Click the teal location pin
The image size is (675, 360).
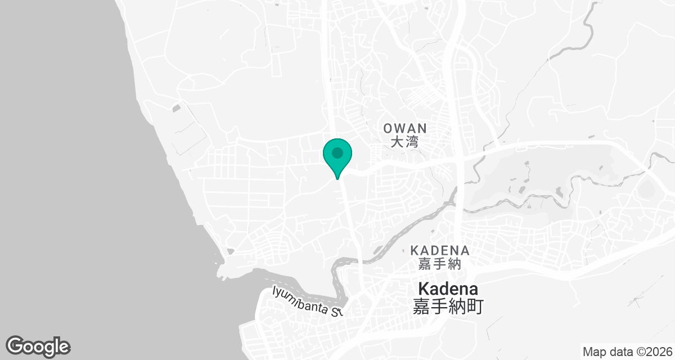[x=337, y=156]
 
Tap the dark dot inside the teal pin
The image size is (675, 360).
[x=337, y=152]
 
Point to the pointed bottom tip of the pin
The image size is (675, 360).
[x=337, y=179]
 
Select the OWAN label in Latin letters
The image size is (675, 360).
[x=405, y=129]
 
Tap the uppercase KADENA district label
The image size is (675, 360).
[x=440, y=250]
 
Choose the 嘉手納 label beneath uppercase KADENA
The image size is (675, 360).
[x=440, y=263]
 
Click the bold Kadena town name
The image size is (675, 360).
[x=448, y=290]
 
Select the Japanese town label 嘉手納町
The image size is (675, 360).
[x=448, y=307]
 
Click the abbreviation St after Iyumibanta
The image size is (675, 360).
[x=336, y=311]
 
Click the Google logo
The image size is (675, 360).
[x=38, y=346]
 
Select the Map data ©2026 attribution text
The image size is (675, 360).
[x=627, y=352]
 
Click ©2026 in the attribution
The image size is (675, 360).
[x=655, y=352]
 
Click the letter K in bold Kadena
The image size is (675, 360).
[x=423, y=290]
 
